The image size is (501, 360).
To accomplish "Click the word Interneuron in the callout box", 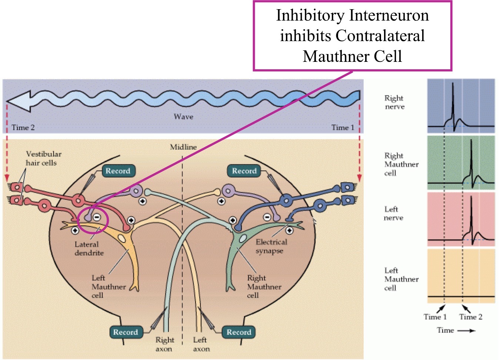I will coord(389,16).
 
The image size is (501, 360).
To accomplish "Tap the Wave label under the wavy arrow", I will coord(183,117).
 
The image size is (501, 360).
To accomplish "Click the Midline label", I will coord(183,147).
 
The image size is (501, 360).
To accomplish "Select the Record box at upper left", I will coord(118,171).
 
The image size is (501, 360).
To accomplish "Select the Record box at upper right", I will coord(244,171).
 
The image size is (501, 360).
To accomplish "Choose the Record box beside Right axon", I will coord(126,332).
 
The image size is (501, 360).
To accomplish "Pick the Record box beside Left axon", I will coord(239,332).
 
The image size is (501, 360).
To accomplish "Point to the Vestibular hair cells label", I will coord(43,158).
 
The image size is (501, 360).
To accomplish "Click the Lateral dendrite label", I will coord(89,249).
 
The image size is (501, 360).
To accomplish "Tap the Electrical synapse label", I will coord(271,246).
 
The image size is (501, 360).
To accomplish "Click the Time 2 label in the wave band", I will coord(23,128).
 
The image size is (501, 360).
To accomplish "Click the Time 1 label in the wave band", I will coord(343,128).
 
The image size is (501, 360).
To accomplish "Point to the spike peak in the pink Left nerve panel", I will coord(471,197).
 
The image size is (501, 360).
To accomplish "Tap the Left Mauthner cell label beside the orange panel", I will coord(401,279).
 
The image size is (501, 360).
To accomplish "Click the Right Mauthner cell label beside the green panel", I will coord(401,164).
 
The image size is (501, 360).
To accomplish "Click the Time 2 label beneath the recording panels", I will coord(471,317).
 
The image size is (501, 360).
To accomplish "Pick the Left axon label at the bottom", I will coord(201,344).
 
